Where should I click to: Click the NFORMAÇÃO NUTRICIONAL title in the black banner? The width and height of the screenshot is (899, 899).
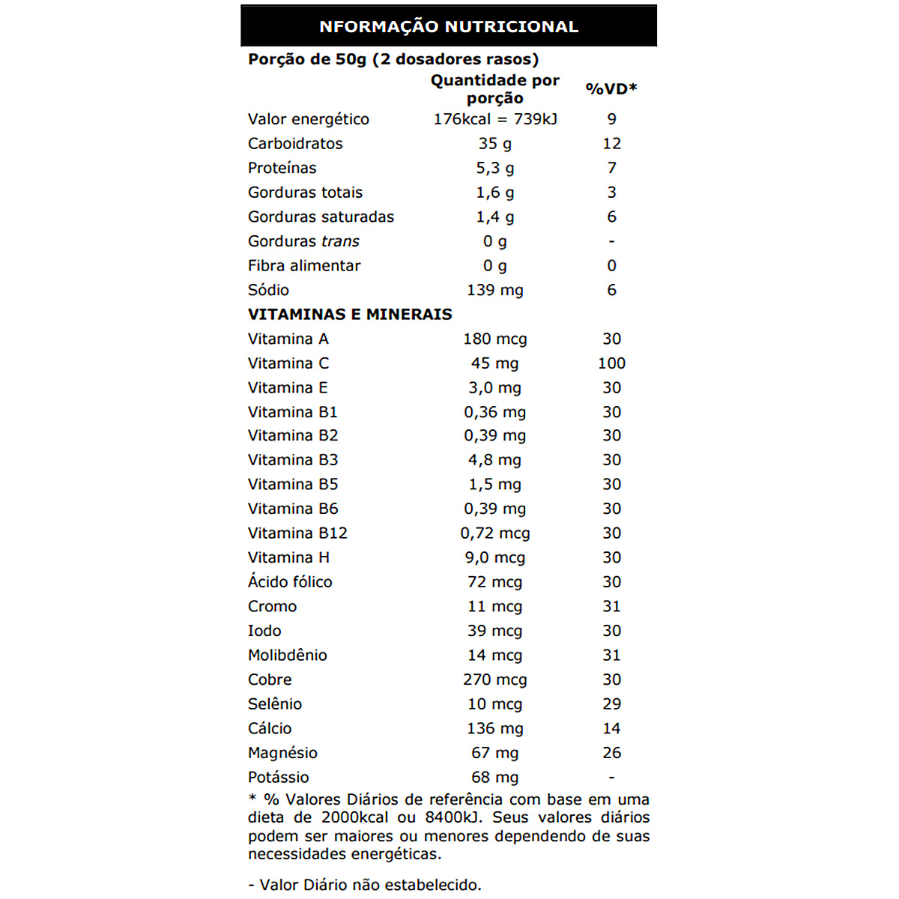pos(449,27)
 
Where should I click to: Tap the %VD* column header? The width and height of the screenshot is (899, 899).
pos(611,89)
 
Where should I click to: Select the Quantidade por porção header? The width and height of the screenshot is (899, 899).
pos(494,89)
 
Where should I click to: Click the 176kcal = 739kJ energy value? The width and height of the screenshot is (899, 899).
pos(495,119)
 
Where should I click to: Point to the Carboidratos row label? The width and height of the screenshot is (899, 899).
pos(295,144)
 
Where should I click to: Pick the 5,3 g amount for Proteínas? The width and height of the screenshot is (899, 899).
pos(495,169)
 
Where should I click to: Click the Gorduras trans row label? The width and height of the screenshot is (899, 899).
pos(303,241)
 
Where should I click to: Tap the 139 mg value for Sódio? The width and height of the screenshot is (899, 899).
pos(495,290)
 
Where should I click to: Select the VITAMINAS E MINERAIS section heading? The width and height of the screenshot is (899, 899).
pos(350,315)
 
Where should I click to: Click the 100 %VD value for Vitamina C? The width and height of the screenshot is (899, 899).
pos(611,363)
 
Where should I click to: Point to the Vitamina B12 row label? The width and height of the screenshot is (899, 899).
pos(297,533)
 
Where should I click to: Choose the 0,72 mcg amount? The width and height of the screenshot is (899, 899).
pos(495,533)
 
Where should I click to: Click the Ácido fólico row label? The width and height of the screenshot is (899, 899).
pos(290,582)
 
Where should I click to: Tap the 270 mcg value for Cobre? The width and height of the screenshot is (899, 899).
pos(495,679)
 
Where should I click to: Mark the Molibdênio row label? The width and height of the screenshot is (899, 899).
pos(288,656)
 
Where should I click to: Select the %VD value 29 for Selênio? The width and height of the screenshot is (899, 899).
pos(611,704)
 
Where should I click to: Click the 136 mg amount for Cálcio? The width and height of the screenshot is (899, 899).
pos(495,728)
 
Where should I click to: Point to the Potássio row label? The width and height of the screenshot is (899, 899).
pos(279,778)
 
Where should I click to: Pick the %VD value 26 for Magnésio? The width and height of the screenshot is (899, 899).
pos(611,753)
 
